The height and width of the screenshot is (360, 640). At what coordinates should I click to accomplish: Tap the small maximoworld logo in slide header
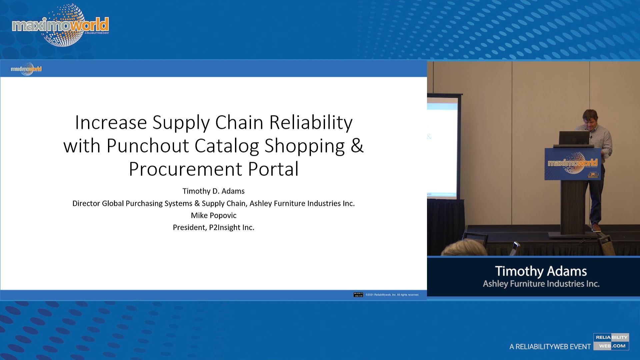pyautogui.click(x=26, y=69)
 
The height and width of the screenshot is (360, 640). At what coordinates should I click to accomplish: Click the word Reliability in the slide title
pyautogui.click(x=311, y=122)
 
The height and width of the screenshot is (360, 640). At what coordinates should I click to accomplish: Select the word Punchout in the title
pyautogui.click(x=147, y=146)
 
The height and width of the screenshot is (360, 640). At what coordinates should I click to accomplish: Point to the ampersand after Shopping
pyautogui.click(x=357, y=146)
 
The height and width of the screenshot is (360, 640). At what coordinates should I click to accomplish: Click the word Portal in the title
pyautogui.click(x=273, y=169)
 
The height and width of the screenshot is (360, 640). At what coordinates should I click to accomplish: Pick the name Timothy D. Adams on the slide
pyautogui.click(x=213, y=191)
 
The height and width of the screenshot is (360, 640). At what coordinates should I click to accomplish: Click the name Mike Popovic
pyautogui.click(x=213, y=215)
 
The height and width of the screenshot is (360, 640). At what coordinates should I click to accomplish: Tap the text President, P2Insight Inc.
pyautogui.click(x=213, y=227)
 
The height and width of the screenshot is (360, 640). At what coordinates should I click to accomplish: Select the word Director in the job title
pyautogui.click(x=86, y=203)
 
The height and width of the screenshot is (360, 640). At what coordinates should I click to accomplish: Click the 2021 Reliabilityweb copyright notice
pyautogui.click(x=392, y=295)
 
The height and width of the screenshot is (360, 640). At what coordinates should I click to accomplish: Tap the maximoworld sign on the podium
pyautogui.click(x=573, y=164)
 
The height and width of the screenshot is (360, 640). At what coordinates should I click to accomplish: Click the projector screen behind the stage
pyautogui.click(x=442, y=147)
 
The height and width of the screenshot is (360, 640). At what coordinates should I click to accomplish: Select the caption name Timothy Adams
pyautogui.click(x=541, y=271)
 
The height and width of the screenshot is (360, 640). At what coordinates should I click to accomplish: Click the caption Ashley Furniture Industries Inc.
pyautogui.click(x=541, y=284)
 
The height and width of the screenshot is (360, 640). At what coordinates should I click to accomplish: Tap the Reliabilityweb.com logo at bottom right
pyautogui.click(x=611, y=342)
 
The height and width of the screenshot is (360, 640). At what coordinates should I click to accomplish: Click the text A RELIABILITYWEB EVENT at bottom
pyautogui.click(x=550, y=347)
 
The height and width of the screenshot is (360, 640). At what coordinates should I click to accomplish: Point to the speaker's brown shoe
pyautogui.click(x=596, y=228)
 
